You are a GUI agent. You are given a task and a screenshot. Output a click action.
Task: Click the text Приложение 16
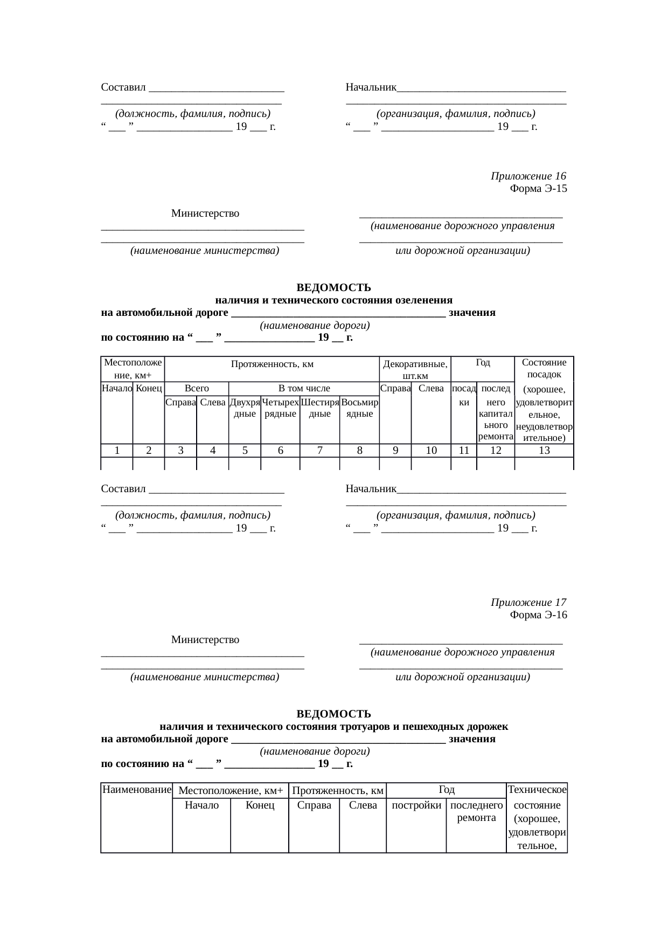click(528, 176)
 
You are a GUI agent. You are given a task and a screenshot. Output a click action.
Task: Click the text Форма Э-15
click(538, 189)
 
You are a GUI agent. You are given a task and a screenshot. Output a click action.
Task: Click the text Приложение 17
click(528, 602)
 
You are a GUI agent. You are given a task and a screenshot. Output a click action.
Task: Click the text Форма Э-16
click(538, 614)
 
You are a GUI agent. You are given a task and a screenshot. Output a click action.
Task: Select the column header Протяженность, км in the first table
click(272, 364)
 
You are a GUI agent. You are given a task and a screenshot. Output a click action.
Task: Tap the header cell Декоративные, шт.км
click(415, 370)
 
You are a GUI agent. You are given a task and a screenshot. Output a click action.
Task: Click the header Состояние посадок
click(544, 369)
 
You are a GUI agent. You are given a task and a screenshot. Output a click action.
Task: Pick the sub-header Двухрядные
click(245, 408)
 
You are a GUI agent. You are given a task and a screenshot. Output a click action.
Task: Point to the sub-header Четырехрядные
click(280, 408)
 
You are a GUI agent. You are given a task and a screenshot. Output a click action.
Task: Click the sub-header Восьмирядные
click(359, 408)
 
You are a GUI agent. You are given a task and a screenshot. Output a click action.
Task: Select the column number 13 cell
click(544, 451)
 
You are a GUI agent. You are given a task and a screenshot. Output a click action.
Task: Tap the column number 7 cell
click(319, 451)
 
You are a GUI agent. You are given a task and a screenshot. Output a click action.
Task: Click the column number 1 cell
click(117, 451)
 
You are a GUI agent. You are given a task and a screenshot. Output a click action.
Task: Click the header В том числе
click(304, 388)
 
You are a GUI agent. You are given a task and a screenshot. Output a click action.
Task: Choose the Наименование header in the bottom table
click(136, 790)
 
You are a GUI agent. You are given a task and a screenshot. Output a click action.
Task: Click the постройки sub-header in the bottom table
click(416, 805)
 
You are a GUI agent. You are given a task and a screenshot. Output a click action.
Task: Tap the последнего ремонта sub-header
click(476, 811)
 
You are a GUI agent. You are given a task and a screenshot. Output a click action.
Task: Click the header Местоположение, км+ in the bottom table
click(231, 791)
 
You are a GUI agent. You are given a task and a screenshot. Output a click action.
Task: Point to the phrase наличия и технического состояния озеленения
click(333, 300)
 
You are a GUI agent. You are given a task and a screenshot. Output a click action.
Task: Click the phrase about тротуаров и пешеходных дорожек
click(333, 727)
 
